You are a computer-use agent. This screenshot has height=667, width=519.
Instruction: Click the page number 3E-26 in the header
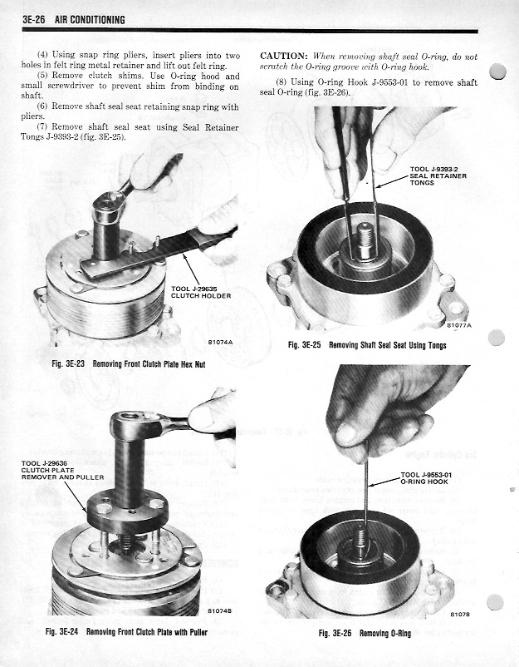click(37, 20)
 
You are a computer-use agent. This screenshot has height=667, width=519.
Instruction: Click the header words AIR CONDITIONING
click(91, 20)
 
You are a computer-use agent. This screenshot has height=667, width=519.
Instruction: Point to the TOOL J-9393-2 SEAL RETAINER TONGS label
click(438, 176)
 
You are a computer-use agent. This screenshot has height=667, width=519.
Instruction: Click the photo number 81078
click(459, 615)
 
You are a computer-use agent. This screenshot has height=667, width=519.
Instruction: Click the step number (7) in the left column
click(45, 126)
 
